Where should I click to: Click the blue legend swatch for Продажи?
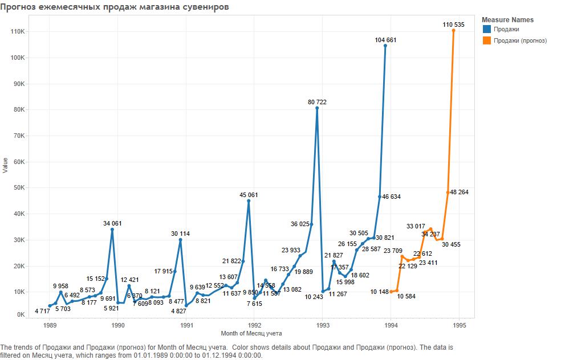(x=486, y=29)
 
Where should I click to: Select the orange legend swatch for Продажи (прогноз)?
(x=486, y=40)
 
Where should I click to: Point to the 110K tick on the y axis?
(x=17, y=32)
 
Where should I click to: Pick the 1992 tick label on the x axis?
(x=254, y=326)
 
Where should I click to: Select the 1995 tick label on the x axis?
(x=460, y=326)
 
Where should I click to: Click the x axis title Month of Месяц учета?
(x=251, y=333)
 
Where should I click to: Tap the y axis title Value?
(x=5, y=166)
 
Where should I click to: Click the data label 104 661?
(x=385, y=40)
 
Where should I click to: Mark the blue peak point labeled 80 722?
(x=317, y=108)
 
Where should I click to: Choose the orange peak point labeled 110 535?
(x=454, y=30)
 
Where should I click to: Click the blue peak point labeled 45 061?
(x=249, y=201)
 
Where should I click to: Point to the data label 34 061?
(x=112, y=223)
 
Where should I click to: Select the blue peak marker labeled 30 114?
(x=180, y=240)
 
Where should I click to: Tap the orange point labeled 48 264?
(x=448, y=193)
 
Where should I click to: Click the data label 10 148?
(x=379, y=292)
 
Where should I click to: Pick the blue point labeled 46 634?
(x=380, y=197)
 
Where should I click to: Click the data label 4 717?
(x=43, y=311)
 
